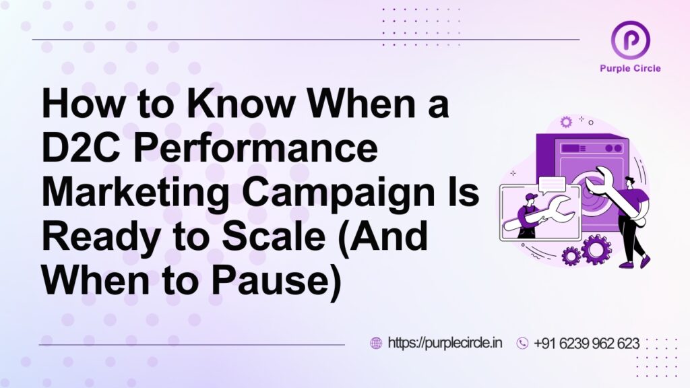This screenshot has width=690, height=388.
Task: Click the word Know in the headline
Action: pos(241,103)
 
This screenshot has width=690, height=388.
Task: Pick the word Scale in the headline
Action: pos(274,236)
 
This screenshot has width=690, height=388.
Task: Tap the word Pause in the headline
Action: pos(276,282)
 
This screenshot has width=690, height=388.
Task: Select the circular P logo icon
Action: pos(631,40)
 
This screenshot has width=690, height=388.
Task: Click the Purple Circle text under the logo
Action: pos(630,68)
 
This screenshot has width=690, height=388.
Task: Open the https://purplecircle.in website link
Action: pos(445,343)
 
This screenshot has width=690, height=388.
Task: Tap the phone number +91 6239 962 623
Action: pos(586,343)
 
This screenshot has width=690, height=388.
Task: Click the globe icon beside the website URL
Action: pos(376,343)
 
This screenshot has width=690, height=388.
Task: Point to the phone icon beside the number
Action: pos(522,343)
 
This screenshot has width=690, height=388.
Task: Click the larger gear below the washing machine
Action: pos(596,249)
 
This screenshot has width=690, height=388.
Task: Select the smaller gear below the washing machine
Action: pos(571,256)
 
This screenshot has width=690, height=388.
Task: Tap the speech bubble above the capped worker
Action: pos(552,185)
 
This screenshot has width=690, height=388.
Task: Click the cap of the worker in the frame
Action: pos(531,196)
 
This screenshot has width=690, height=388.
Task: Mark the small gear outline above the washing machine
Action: pos(566,121)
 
